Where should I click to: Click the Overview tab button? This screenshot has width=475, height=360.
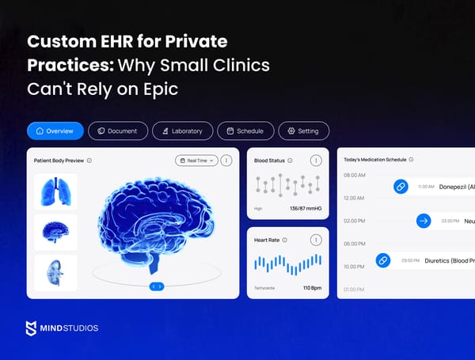coord(55,131)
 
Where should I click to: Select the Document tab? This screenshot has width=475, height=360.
coord(118,131)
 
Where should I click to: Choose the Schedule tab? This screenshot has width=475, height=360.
coord(245,131)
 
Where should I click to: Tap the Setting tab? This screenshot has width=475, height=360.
coord(304,131)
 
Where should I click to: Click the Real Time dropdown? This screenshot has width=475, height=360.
coord(196,161)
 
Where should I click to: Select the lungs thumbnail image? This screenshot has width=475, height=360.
coord(55,191)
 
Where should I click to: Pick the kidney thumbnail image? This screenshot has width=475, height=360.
coord(55,272)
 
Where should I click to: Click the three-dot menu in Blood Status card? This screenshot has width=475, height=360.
coord(316,161)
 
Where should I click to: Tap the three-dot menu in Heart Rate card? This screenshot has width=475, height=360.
coord(316,240)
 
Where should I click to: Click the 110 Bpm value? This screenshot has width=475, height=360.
coord(310,288)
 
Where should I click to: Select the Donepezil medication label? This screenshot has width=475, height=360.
coord(456,187)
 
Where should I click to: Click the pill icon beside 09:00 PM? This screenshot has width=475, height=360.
coord(382,260)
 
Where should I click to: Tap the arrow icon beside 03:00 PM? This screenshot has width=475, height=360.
coord(424,222)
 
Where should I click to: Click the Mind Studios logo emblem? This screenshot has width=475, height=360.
coord(31,328)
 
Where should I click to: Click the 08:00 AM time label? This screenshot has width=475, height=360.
coord(355,175)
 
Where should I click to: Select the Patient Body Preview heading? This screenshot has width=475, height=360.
coord(59,161)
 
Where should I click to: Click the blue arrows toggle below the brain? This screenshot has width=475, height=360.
coord(157,286)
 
